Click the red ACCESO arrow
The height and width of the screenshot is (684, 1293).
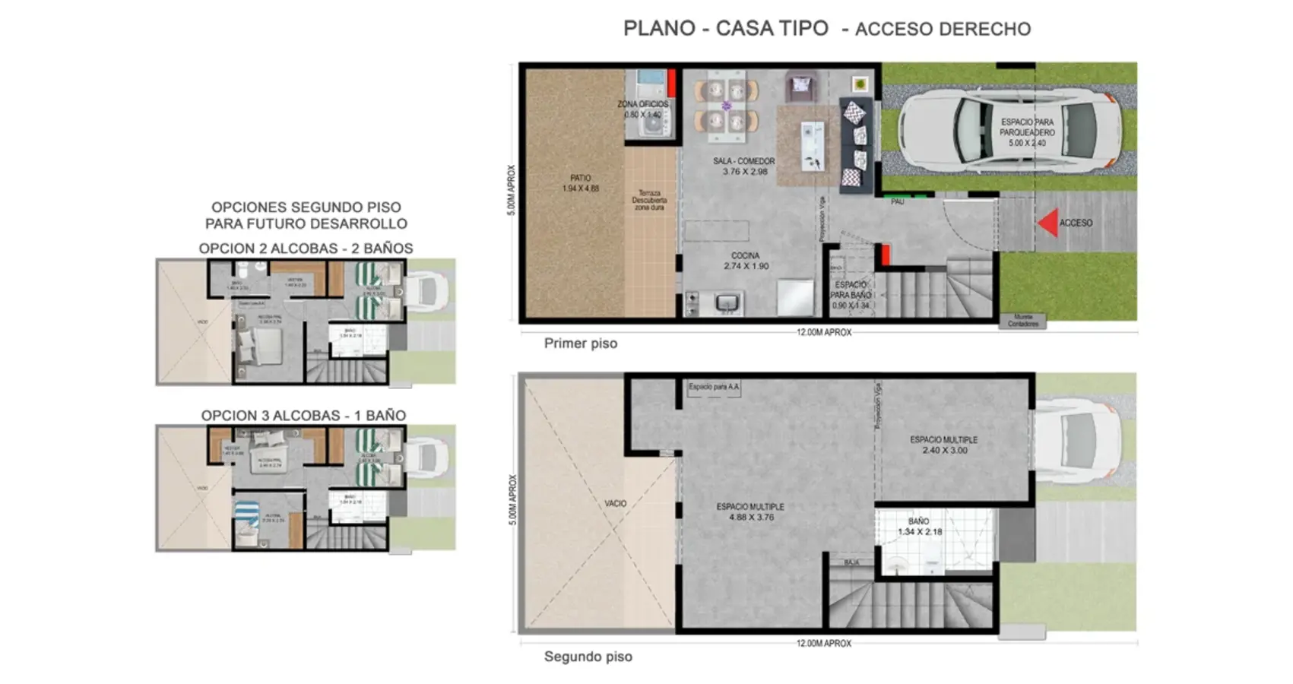click(1048, 223)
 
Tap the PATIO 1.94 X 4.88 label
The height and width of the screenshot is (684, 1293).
click(581, 183)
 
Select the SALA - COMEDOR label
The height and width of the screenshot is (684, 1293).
click(744, 166)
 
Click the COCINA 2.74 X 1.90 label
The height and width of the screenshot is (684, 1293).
click(746, 261)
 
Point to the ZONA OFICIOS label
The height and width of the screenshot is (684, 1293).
click(643, 109)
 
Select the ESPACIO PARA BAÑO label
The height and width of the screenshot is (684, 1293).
click(850, 295)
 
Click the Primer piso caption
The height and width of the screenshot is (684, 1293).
click(581, 344)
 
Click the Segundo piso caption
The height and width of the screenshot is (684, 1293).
click(588, 657)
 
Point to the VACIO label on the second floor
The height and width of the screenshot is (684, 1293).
click(616, 503)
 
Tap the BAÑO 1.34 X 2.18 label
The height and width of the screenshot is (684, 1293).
click(919, 526)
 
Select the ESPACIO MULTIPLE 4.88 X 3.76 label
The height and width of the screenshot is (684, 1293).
click(749, 511)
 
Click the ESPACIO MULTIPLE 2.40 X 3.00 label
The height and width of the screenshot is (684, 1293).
click(944, 445)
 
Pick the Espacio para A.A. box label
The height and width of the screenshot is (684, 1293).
click(714, 387)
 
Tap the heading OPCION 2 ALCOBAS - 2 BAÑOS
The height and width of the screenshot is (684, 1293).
click(306, 249)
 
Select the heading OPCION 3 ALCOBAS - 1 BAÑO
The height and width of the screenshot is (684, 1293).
click(303, 416)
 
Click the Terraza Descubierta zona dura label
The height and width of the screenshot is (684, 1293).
click(649, 200)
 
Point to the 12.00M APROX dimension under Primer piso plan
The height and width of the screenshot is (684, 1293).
click(824, 332)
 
